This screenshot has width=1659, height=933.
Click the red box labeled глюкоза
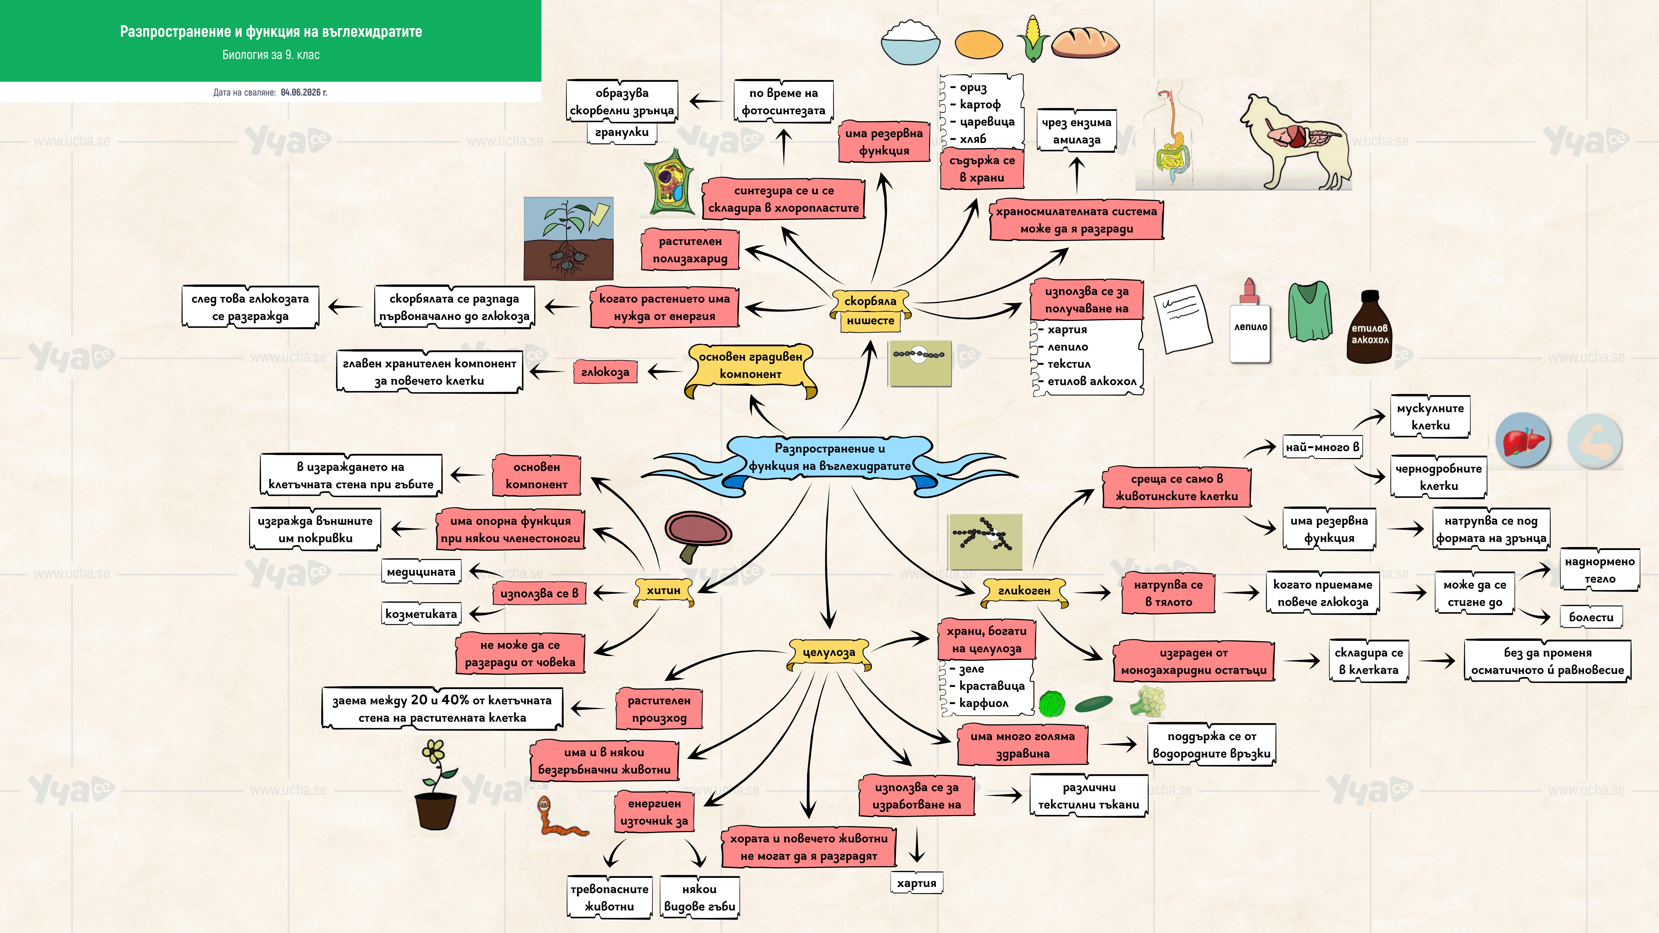click(x=605, y=372)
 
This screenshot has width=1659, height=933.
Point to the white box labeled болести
click(x=1591, y=617)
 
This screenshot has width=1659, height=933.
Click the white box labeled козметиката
click(x=421, y=614)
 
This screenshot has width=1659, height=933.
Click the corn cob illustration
click(x=1033, y=39)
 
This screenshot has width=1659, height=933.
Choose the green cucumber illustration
click(x=1093, y=704)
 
